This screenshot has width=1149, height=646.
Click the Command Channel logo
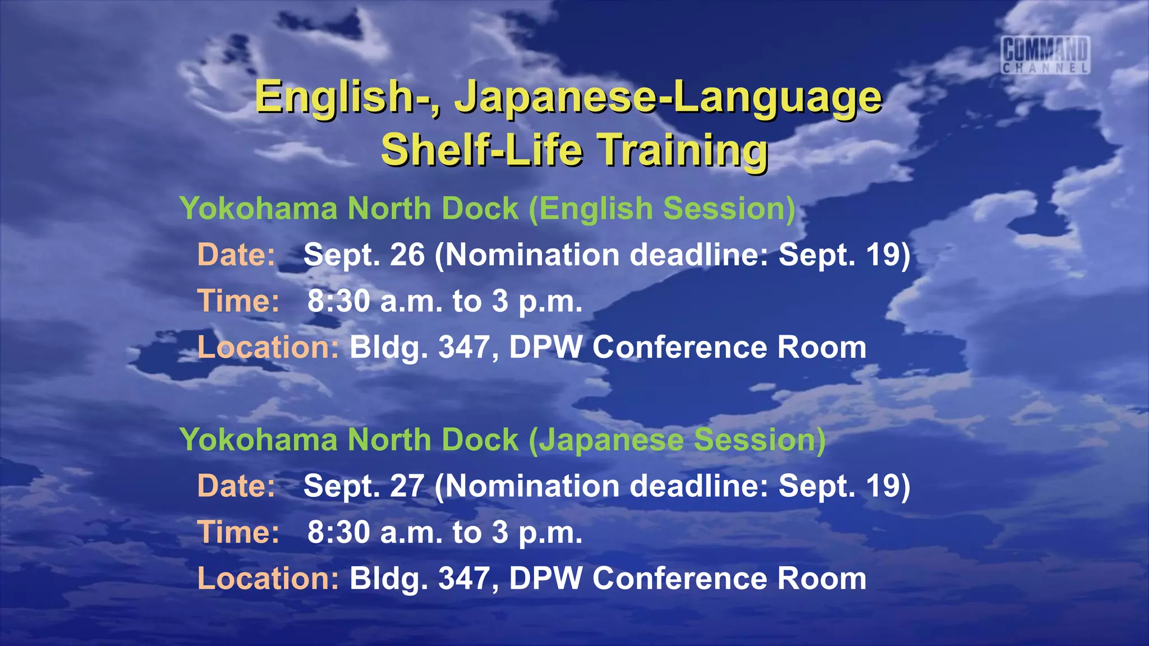(x=1046, y=54)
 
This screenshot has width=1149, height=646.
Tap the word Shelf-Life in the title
(x=481, y=150)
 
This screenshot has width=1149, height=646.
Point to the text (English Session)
(x=662, y=209)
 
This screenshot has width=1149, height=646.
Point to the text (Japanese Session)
(x=677, y=440)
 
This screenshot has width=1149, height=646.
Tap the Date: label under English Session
(x=236, y=255)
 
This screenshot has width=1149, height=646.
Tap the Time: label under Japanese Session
(x=238, y=532)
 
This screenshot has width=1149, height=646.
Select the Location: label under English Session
(x=268, y=348)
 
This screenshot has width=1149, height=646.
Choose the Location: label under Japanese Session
(x=268, y=579)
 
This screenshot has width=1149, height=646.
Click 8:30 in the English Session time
(x=338, y=302)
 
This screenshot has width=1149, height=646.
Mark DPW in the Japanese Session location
(x=545, y=579)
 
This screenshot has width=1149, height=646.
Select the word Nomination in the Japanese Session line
(x=532, y=486)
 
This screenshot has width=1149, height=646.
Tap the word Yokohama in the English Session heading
(x=259, y=209)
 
